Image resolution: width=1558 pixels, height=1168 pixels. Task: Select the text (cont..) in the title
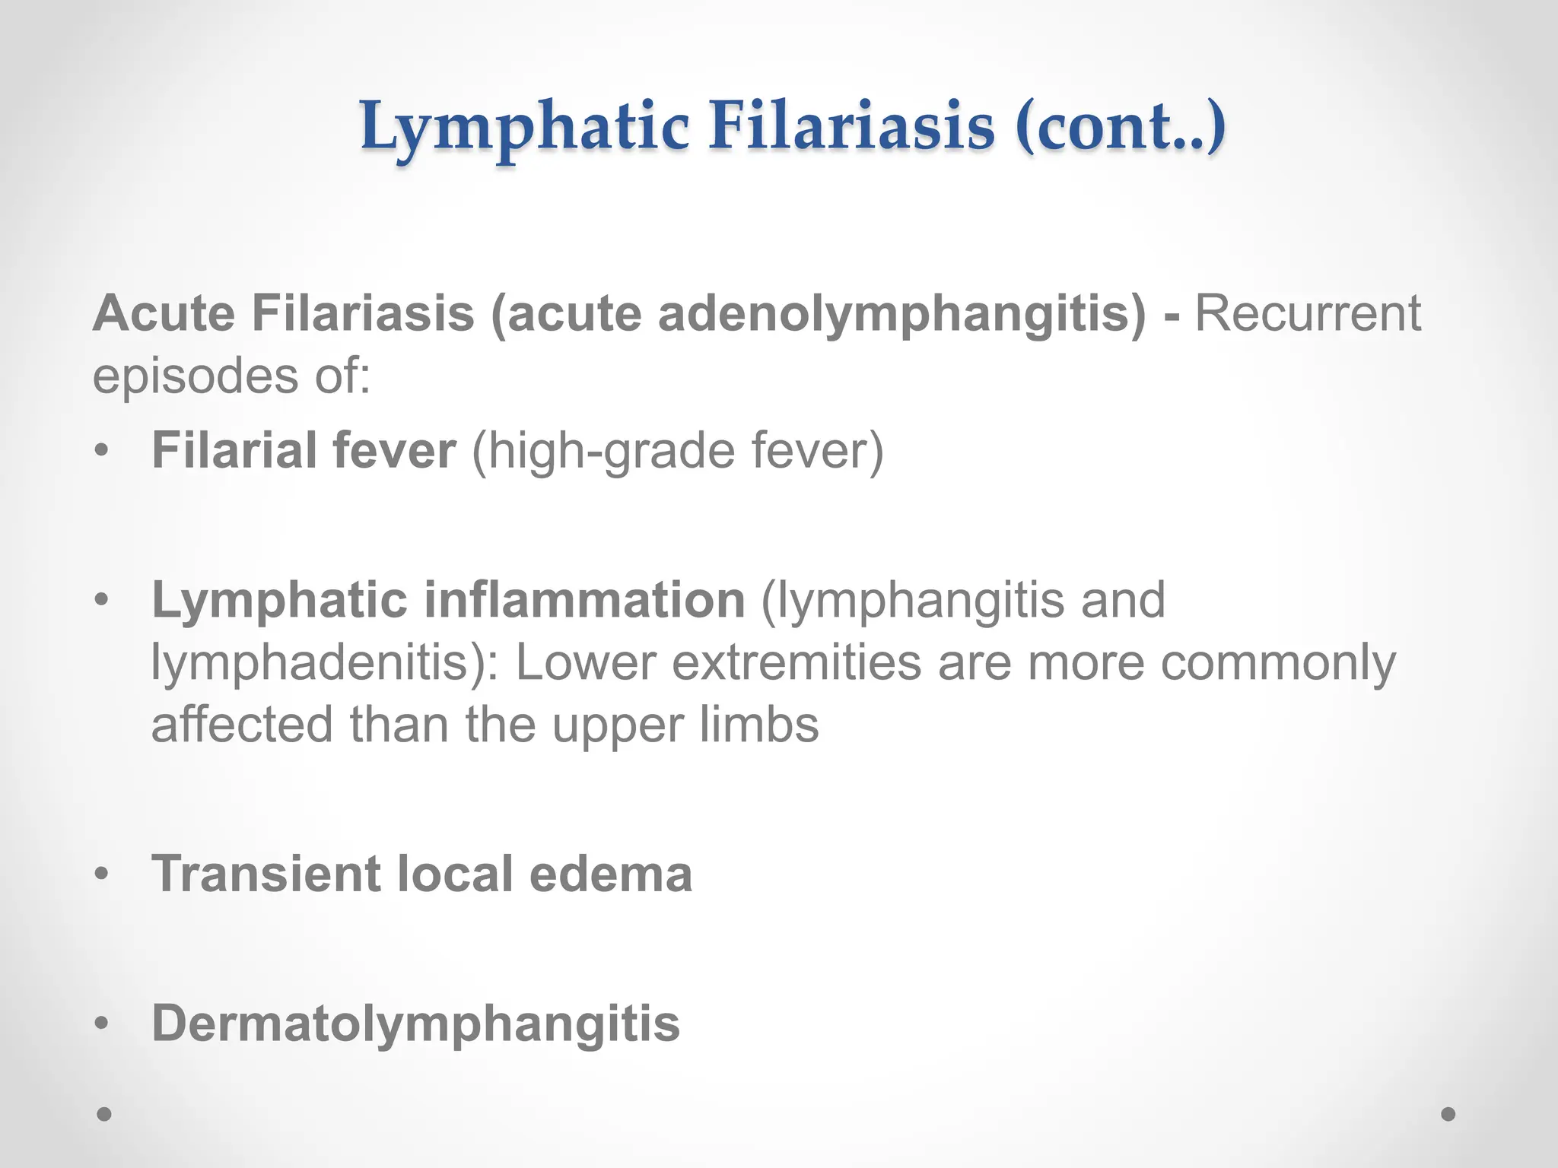point(1119,125)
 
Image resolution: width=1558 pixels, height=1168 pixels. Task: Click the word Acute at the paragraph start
point(164,313)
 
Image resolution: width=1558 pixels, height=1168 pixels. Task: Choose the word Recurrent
point(1308,313)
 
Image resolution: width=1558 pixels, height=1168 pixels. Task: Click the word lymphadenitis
point(323,662)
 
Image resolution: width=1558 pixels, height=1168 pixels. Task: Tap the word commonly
point(1278,662)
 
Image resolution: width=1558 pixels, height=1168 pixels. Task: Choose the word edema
point(610,873)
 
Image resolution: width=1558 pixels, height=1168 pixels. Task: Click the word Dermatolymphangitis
point(415,1023)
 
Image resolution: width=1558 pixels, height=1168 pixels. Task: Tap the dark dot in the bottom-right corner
point(1448,1114)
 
